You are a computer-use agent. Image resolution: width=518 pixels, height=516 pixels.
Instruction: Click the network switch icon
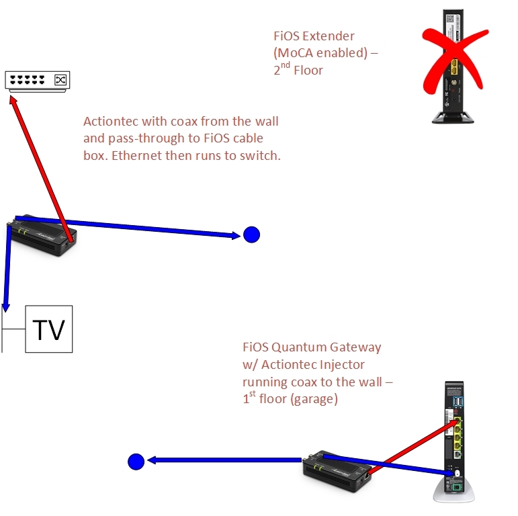click(37, 81)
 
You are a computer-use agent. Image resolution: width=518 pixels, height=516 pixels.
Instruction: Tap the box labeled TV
click(48, 329)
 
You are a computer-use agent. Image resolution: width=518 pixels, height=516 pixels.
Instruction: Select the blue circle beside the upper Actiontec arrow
click(251, 234)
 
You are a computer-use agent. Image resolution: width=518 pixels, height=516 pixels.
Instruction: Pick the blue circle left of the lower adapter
click(136, 462)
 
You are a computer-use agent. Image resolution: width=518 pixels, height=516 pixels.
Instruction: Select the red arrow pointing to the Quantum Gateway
click(410, 446)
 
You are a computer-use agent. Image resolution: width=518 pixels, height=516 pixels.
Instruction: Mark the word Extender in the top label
click(329, 36)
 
